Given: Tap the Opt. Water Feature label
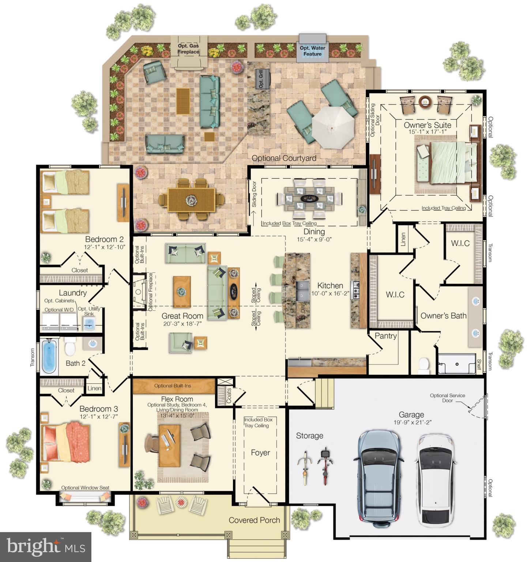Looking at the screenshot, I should tap(312, 51).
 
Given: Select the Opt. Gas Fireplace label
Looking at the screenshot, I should tap(188, 49).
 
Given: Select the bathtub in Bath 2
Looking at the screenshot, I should tap(49, 356).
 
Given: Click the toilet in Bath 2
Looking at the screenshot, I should tap(70, 346).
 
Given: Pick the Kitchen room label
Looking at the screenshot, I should tap(330, 286).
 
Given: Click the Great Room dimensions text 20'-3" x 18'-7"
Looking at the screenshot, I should tap(182, 324).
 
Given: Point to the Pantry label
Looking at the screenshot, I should tap(385, 336).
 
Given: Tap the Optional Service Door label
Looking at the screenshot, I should tap(447, 398).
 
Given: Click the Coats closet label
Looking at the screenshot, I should tap(229, 396).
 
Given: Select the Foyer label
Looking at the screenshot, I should tap(260, 453).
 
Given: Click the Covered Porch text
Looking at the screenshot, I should tap(254, 520).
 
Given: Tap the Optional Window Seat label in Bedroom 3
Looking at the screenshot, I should tap(85, 487).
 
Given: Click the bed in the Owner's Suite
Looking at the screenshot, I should tap(448, 162).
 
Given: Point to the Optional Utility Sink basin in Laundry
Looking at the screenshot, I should tap(89, 323).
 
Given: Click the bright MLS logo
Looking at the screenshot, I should tap(45, 547).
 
